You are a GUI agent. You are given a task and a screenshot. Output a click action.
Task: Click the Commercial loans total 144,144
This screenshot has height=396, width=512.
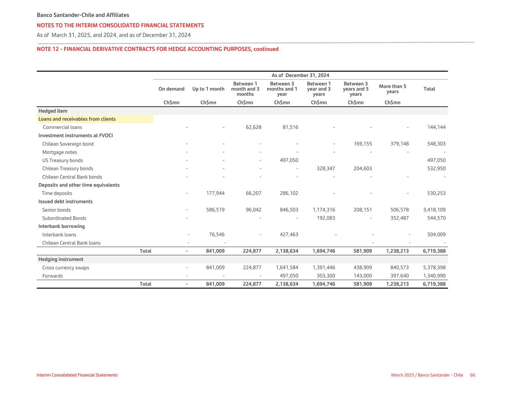tap(437, 127)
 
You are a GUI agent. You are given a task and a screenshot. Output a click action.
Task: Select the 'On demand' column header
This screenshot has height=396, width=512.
tap(171, 89)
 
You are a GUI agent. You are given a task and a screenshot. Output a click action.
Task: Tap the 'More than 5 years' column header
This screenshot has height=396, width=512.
tap(392, 89)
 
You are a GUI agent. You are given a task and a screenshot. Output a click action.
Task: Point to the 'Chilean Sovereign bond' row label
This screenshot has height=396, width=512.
tap(68, 144)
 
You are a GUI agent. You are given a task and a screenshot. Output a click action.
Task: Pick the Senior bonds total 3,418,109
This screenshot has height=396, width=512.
tap(434, 210)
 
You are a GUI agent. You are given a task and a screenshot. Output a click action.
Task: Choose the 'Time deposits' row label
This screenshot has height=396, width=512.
tap(57, 193)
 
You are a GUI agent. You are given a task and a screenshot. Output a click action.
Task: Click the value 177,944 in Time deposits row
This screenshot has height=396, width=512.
tap(215, 193)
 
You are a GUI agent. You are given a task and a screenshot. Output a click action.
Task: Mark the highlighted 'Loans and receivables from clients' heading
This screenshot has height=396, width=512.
tap(77, 119)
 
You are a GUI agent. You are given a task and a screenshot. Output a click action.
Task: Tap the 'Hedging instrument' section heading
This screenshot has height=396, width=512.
tap(61, 259)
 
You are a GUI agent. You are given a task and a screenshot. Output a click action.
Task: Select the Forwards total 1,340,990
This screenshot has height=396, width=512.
tap(434, 276)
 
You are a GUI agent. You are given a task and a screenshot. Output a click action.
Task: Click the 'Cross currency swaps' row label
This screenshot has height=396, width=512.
tap(66, 268)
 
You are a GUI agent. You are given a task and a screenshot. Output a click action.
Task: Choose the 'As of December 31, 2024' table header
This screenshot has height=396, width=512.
tap(300, 75)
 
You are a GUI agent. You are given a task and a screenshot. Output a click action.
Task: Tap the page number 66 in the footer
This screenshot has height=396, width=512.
tap(473, 375)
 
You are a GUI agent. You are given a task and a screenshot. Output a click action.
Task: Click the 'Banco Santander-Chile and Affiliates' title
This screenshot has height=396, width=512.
tap(83, 15)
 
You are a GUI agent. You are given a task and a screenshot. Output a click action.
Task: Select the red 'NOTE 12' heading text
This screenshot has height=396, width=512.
tap(158, 49)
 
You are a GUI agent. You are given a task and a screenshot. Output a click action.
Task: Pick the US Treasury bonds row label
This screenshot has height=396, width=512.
tap(62, 160)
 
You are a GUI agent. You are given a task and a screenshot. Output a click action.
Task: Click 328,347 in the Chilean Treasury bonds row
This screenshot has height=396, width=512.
tap(325, 169)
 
